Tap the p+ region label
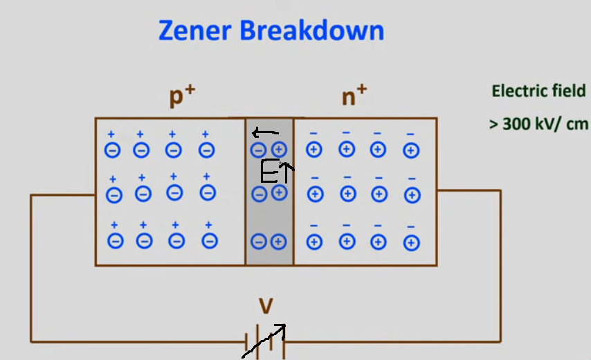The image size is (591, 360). coord(181,98)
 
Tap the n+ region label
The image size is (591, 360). coord(353,98)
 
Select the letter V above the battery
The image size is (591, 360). coord(266,307)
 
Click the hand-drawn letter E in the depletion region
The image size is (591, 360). coord(269,172)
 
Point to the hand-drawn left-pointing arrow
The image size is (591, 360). coord(265,132)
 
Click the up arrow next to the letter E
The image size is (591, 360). coord(287,173)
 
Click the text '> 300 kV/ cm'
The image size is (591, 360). coord(538,125)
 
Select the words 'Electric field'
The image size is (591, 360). coord(538,91)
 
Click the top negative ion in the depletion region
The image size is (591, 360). coord(258,150)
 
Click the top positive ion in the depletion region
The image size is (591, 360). coord(279,149)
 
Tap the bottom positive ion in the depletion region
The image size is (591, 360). coord(278,242)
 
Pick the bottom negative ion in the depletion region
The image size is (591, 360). coord(258,242)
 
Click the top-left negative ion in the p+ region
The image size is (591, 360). coord(112,150)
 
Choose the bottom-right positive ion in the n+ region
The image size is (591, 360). coord(412,242)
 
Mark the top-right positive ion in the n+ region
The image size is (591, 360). coord(411,150)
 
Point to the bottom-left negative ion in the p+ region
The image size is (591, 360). coord(115,241)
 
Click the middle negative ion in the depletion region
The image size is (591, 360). coord(260,194)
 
